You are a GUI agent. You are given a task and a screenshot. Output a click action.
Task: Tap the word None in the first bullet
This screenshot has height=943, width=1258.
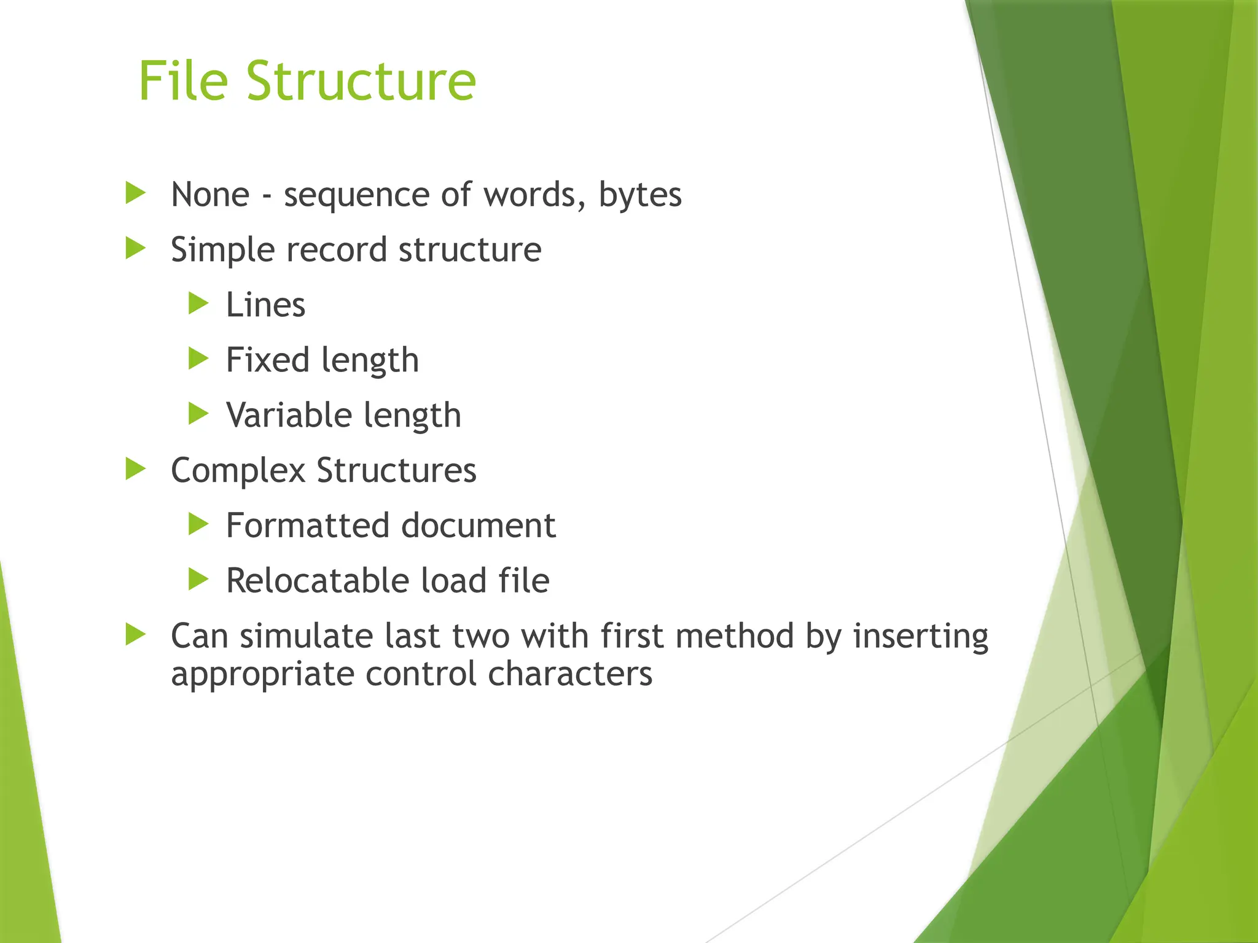click(x=210, y=195)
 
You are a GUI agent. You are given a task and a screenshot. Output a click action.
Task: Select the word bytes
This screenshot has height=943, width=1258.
click(x=639, y=196)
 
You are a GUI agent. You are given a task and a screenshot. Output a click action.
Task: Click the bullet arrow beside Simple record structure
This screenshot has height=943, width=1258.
click(x=135, y=249)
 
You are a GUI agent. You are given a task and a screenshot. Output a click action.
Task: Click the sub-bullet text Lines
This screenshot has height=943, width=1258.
click(x=265, y=305)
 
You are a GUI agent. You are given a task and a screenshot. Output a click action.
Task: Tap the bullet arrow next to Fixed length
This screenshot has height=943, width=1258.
click(x=198, y=359)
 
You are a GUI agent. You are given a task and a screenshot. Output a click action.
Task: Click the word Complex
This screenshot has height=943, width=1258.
click(x=238, y=471)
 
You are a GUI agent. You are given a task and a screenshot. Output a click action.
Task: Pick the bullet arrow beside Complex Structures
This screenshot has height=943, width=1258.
click(x=135, y=470)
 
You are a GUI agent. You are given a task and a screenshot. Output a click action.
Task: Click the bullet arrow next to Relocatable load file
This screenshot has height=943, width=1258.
click(x=198, y=580)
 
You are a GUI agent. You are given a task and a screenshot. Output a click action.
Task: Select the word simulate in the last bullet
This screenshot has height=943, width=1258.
click(x=305, y=636)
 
